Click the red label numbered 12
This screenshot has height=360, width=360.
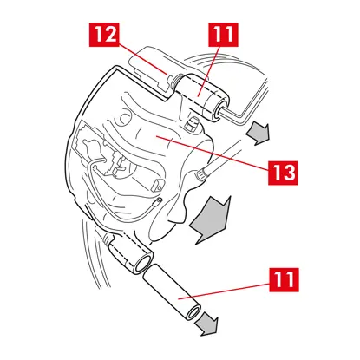pyautogui.click(x=104, y=35)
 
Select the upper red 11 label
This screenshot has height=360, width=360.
pyautogui.click(x=223, y=35)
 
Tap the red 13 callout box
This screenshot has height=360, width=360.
pyautogui.click(x=283, y=173)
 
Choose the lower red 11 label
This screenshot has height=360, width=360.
pyautogui.click(x=284, y=279)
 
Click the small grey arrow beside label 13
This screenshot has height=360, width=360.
pyautogui.click(x=259, y=133)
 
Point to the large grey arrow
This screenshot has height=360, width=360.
pyautogui.click(x=211, y=219)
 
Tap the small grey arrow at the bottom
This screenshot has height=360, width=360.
pyautogui.click(x=206, y=324)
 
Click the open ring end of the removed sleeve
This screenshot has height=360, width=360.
pyautogui.click(x=193, y=313)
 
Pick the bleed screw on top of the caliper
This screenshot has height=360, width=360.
pyautogui.click(x=192, y=124)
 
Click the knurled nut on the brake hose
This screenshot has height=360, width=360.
pyautogui.click(x=200, y=175)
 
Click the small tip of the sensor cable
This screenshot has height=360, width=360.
pyautogui.click(x=159, y=201)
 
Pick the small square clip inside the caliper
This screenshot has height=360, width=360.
pyautogui.click(x=158, y=186)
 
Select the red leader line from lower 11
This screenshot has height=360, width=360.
pyautogui.click(x=224, y=291)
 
